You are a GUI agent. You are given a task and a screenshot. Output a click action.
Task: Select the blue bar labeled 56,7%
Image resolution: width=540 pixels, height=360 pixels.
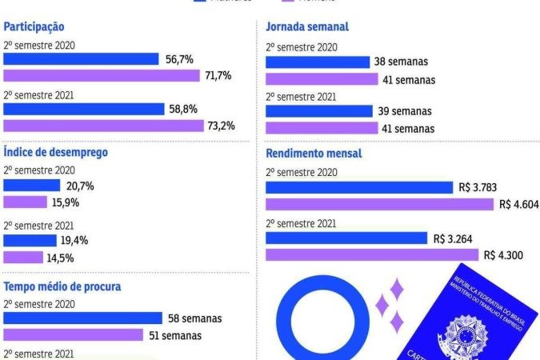pos(81,59)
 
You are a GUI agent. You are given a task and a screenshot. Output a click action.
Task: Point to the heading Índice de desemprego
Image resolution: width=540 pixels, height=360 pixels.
pos(55,152)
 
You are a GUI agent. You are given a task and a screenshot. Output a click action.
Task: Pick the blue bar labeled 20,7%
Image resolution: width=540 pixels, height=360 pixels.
pos(37,186)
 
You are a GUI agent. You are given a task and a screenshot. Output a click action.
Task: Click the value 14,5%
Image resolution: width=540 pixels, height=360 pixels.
pos(62,258)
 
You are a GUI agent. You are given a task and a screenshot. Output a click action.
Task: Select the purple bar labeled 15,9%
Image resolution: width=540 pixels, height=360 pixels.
pos(26,202)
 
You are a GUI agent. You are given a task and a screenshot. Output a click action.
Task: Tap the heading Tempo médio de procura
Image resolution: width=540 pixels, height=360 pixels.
pos(62,286)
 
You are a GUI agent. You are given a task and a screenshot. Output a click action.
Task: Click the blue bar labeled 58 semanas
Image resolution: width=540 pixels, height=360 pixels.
pos(82,318)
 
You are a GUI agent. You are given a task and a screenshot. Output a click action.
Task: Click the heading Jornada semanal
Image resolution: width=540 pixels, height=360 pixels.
pos(307,26)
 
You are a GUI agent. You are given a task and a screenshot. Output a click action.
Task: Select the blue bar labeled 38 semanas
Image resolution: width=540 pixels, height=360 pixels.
pos(318,62)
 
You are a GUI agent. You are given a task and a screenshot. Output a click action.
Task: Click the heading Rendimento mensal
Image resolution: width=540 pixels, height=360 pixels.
pos(314,153)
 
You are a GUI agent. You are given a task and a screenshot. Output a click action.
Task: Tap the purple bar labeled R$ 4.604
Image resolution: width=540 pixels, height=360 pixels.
pos(379,204)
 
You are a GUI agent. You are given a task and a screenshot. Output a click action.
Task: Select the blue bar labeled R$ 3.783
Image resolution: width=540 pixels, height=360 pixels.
pos(358,187)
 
